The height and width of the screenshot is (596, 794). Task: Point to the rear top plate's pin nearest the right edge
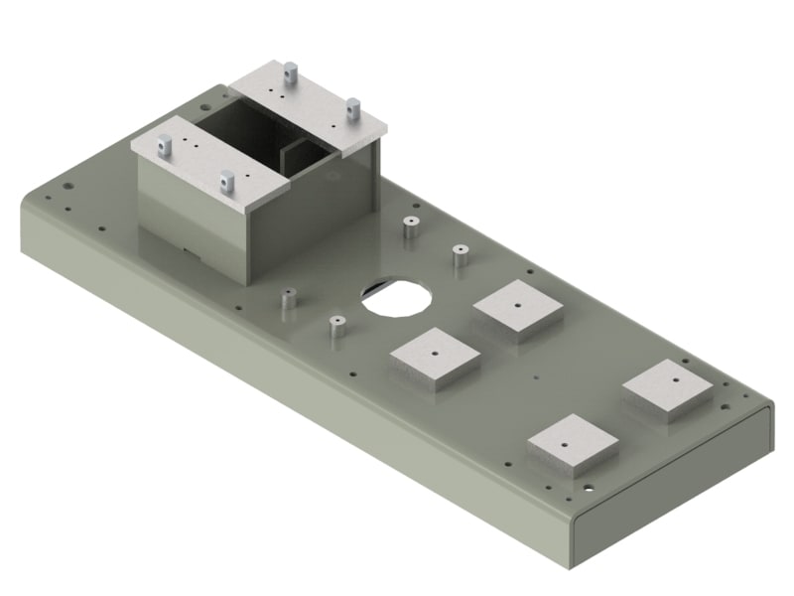(351, 106)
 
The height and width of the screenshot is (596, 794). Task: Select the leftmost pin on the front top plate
(165, 146)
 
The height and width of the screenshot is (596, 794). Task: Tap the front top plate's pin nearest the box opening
(227, 181)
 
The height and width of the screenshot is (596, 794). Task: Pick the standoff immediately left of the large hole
(337, 326)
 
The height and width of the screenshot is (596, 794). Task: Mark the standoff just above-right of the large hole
(459, 256)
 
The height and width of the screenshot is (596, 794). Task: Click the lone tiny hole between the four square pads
(535, 376)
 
